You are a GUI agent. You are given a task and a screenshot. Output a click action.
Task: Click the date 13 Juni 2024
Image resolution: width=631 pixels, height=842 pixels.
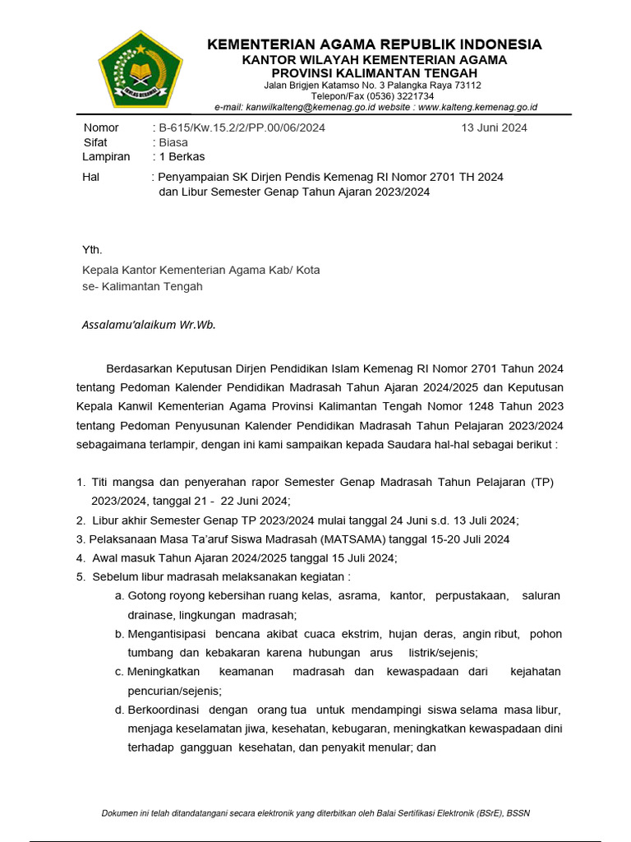coord(495,127)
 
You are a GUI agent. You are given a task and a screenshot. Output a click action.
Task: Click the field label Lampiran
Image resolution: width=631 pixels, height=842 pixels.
coord(106,156)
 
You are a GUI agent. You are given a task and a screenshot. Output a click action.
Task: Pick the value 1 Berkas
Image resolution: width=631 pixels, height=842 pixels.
coord(182,156)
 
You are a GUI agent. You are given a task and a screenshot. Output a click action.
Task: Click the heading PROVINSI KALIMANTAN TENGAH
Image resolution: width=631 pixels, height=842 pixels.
coord(374,73)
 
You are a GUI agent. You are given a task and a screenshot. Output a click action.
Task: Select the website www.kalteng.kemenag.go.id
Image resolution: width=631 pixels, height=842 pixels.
coord(477,107)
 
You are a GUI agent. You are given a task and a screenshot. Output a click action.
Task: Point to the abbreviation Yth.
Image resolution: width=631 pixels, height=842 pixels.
coord(92,249)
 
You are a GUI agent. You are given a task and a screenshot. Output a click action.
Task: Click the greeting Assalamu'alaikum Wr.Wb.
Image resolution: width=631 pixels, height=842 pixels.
coord(149,325)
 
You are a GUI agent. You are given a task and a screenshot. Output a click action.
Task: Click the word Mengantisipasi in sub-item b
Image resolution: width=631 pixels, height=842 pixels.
coord(166,634)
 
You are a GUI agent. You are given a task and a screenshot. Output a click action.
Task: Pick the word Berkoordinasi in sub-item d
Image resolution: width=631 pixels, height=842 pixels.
coord(162,710)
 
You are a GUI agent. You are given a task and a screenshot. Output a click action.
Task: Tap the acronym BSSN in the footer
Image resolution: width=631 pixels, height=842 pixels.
coord(517,813)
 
